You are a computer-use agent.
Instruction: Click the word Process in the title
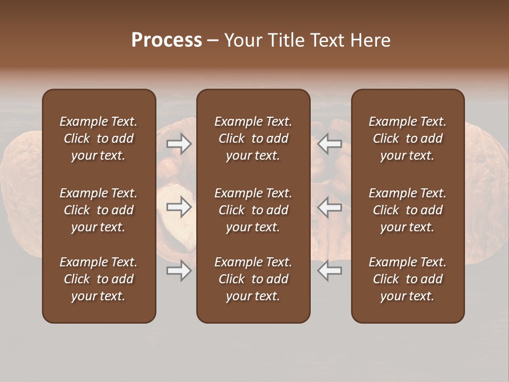pyautogui.click(x=166, y=40)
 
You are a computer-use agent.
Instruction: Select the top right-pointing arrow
pyautogui.click(x=179, y=144)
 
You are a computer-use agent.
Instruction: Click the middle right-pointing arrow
pyautogui.click(x=179, y=207)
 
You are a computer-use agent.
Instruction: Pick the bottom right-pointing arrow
pyautogui.click(x=179, y=271)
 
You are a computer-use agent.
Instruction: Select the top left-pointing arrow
pyautogui.click(x=330, y=144)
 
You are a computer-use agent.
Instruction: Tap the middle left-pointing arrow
pyautogui.click(x=330, y=207)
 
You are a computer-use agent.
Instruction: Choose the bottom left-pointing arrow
pyautogui.click(x=330, y=271)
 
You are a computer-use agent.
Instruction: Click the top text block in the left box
pyautogui.click(x=99, y=138)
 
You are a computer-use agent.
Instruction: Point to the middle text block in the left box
pyautogui.click(x=99, y=210)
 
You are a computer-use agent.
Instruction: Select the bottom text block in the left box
pyautogui.click(x=99, y=279)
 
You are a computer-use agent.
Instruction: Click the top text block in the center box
pyautogui.click(x=253, y=138)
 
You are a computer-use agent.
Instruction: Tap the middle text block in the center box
pyautogui.click(x=253, y=210)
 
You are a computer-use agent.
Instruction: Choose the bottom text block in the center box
pyautogui.click(x=253, y=279)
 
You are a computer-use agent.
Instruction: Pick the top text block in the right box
pyautogui.click(x=408, y=138)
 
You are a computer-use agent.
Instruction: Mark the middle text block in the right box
pyautogui.click(x=408, y=210)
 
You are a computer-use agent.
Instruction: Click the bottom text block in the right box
pyautogui.click(x=408, y=279)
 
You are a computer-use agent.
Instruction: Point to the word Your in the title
pyautogui.click(x=241, y=40)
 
